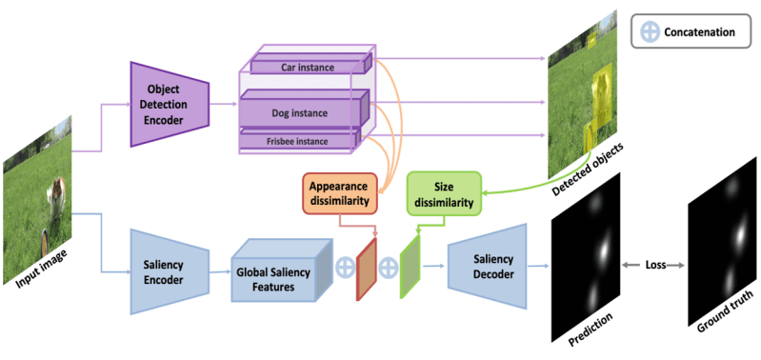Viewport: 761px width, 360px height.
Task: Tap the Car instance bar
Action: click(304, 67)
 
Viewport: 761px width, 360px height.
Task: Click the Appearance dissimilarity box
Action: click(340, 190)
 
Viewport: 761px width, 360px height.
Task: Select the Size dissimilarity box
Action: click(443, 189)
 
